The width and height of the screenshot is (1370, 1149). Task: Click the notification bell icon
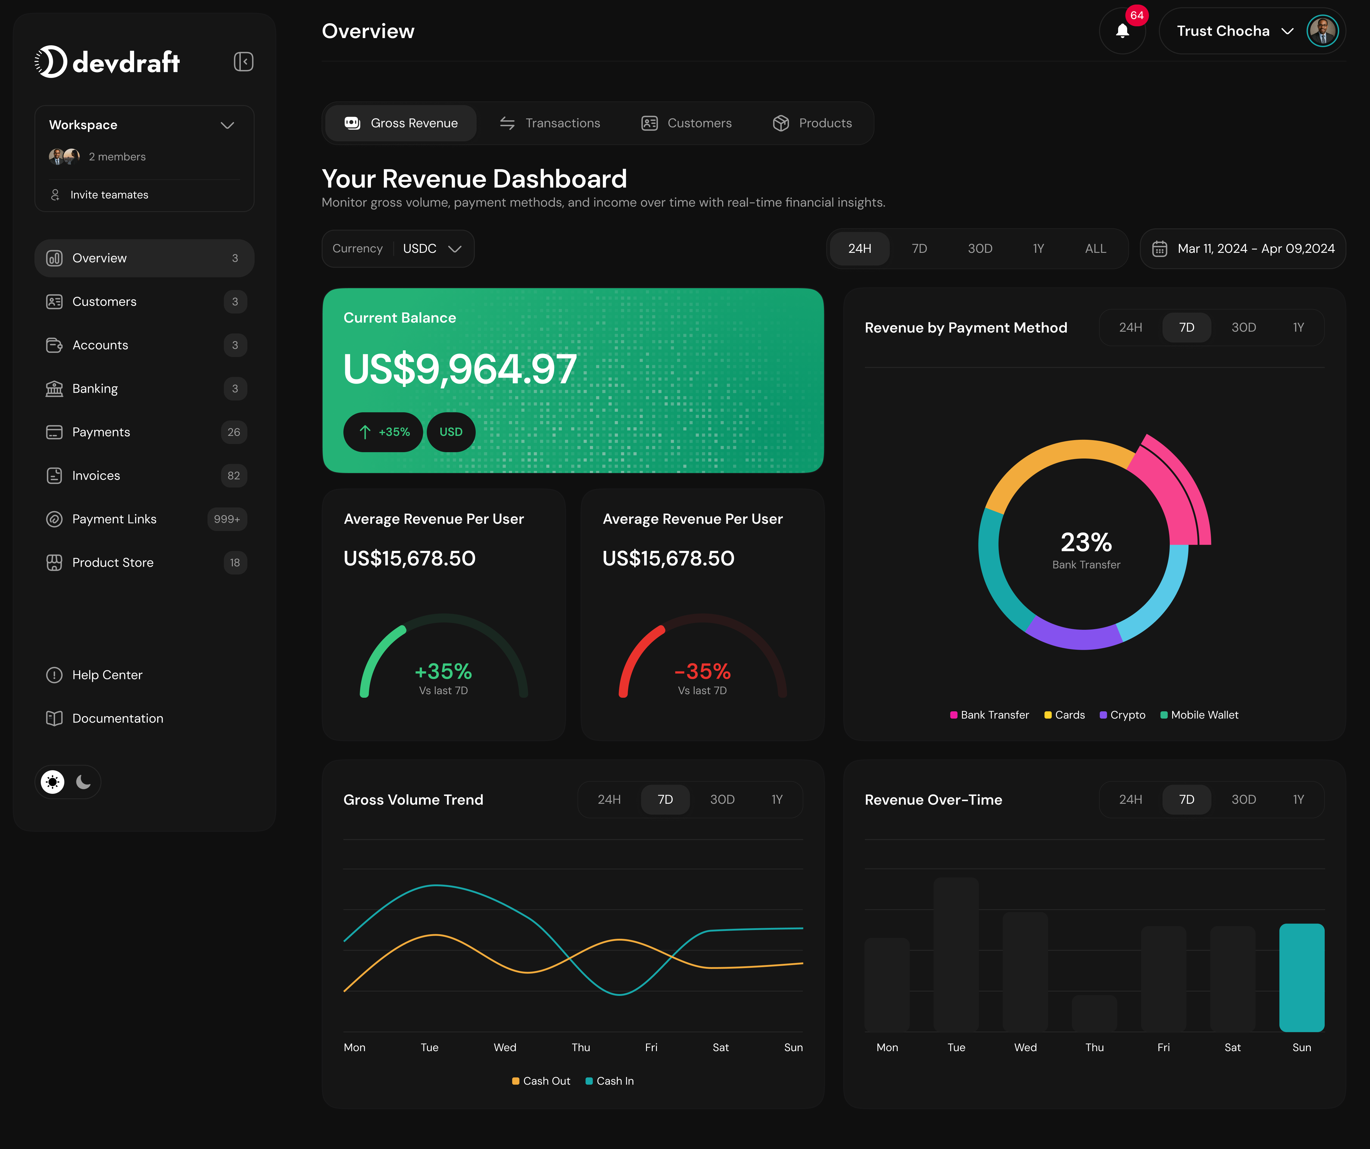pyautogui.click(x=1122, y=31)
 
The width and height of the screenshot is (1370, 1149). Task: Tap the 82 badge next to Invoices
pyautogui.click(x=233, y=476)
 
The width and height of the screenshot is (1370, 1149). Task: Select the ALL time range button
pyautogui.click(x=1095, y=249)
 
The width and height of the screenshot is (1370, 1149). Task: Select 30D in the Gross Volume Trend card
pyautogui.click(x=722, y=799)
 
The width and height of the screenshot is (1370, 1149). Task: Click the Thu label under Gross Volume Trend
pyautogui.click(x=580, y=1047)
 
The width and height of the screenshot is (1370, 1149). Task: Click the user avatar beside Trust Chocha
pyautogui.click(x=1322, y=31)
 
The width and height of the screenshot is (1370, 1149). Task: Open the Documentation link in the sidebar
pyautogui.click(x=117, y=718)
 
